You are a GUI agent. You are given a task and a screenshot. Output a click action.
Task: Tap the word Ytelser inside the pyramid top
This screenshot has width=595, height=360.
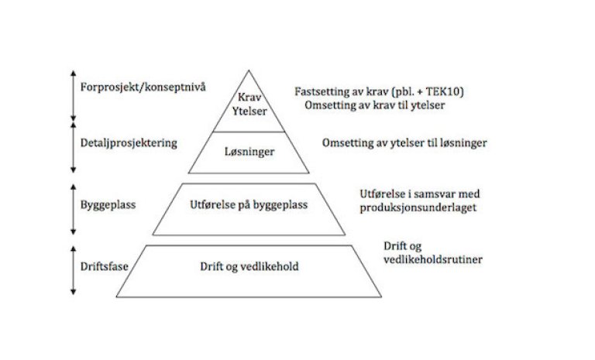pyautogui.click(x=249, y=111)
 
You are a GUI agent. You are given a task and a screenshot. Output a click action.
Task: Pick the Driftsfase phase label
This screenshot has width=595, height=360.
pyautogui.click(x=104, y=266)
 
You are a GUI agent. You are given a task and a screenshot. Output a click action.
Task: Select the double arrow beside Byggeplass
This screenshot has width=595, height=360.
pyautogui.click(x=72, y=208)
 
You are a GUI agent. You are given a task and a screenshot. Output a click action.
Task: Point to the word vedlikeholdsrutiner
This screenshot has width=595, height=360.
pyautogui.click(x=433, y=260)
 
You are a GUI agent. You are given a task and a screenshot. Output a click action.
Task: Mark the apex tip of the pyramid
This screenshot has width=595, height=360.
pyautogui.click(x=249, y=70)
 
